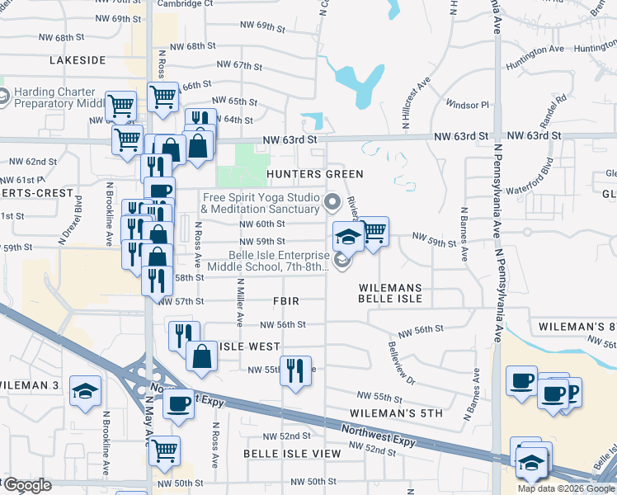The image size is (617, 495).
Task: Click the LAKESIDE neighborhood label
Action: coord(78,60)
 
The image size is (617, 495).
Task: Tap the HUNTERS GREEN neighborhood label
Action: coord(314,174)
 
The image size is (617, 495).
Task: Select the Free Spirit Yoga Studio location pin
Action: coord(333,201)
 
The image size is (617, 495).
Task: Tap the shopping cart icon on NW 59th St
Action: coord(373,232)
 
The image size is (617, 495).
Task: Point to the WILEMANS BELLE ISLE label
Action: coord(390,295)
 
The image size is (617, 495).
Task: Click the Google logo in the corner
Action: coord(27,485)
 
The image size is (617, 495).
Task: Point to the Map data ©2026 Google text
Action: coord(566,488)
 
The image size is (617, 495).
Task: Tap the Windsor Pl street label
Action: coord(467,105)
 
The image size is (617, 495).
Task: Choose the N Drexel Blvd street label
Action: coord(79,211)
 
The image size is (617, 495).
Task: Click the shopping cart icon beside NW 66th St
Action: coord(162,96)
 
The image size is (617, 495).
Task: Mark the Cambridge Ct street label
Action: coord(185,4)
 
